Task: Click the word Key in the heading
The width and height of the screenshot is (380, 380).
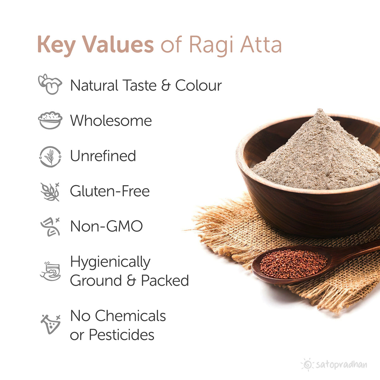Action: [56, 45]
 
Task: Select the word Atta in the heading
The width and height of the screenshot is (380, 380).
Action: [261, 45]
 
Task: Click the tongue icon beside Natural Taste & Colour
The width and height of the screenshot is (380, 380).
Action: [50, 84]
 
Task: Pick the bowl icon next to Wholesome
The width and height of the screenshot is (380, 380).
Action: [50, 120]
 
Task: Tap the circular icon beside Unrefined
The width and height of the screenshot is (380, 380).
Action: [50, 156]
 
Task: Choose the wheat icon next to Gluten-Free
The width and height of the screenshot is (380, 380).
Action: [50, 192]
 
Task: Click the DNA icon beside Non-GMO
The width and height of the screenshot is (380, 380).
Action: [50, 227]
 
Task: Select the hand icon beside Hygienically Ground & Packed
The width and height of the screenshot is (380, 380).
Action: [50, 271]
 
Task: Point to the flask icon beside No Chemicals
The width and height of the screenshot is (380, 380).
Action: [50, 324]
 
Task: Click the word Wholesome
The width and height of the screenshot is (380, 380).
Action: [111, 121]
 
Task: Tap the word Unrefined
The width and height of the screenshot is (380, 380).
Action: [103, 156]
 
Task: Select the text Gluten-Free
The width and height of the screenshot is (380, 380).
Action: [110, 191]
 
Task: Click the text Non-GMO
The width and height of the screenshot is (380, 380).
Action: [106, 226]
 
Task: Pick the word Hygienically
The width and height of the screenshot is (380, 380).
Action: [110, 263]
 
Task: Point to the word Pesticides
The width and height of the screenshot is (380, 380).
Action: [122, 335]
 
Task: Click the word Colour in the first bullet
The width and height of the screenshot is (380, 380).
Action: [199, 85]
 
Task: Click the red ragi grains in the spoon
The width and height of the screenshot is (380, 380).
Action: [293, 263]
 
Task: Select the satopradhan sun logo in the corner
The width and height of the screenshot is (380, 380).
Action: [307, 364]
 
